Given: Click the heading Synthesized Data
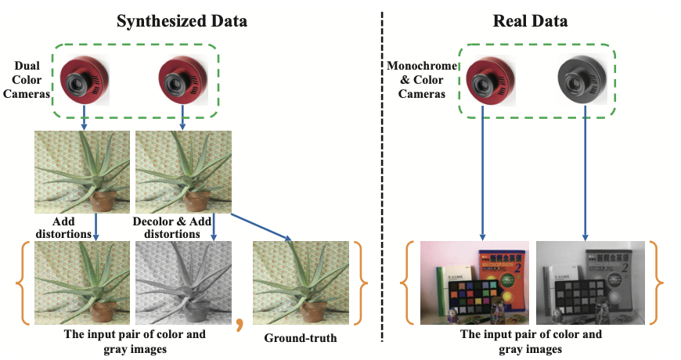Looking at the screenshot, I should (182, 21).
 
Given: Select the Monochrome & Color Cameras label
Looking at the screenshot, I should (422, 81).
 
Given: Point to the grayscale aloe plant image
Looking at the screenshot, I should (183, 283).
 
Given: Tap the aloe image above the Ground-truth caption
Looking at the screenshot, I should (301, 283).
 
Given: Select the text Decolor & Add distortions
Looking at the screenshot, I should (172, 228).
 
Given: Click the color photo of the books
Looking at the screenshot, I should (474, 283).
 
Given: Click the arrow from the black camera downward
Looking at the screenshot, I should (586, 176).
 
